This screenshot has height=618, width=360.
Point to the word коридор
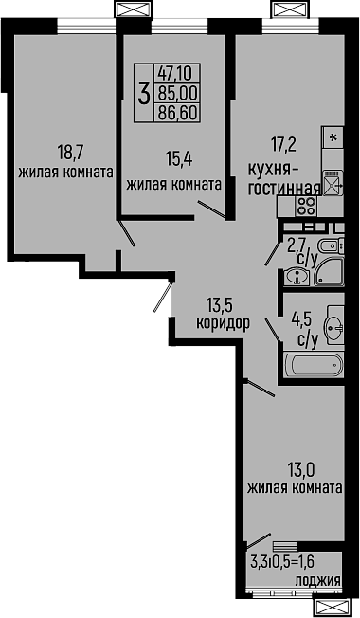[223, 321]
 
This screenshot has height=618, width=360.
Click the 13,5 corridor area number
[220, 304]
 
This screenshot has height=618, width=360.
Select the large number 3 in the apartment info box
[143, 93]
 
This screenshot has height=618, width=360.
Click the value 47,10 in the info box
[174, 73]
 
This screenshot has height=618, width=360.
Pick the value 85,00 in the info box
[174, 93]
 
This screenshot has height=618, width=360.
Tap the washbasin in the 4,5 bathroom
[333, 326]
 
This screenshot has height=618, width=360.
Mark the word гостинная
[281, 188]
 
